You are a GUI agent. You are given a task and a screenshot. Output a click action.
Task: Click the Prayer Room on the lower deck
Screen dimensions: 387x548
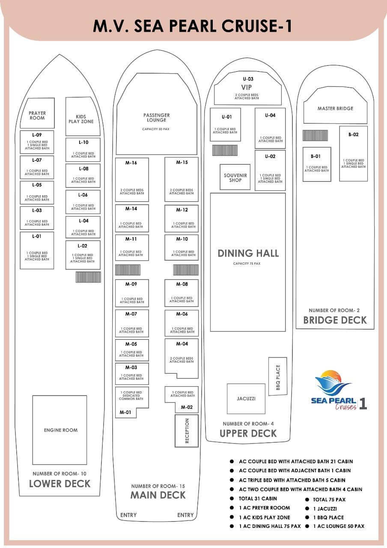(37, 113)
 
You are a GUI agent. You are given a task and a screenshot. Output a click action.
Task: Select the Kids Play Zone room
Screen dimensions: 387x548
(83, 116)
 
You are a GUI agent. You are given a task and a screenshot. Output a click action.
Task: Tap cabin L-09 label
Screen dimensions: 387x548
(37, 135)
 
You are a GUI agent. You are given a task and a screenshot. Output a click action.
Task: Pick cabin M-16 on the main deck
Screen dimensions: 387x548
(132, 179)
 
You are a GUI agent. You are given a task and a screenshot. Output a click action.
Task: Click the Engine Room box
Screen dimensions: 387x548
(60, 430)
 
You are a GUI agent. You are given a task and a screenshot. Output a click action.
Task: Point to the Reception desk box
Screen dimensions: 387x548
(187, 431)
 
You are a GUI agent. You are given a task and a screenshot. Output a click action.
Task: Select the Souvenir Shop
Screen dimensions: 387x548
(235, 177)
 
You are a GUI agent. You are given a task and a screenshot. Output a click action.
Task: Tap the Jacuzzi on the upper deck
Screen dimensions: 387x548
(246, 399)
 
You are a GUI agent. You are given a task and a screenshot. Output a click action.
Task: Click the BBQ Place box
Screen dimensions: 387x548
(278, 376)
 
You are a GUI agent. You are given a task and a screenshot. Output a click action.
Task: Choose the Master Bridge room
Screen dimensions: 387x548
(335, 106)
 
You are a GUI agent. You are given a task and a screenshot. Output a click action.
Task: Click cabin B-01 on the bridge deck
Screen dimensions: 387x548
(317, 164)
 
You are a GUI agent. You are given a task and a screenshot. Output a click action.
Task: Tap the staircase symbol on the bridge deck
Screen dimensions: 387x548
(315, 136)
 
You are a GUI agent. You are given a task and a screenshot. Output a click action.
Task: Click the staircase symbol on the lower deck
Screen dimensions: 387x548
(88, 277)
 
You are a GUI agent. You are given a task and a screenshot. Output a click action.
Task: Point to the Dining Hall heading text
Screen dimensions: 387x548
(248, 253)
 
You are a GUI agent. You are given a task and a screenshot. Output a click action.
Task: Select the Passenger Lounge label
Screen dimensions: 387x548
(157, 117)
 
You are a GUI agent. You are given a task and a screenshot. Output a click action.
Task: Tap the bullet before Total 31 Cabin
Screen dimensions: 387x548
(232, 499)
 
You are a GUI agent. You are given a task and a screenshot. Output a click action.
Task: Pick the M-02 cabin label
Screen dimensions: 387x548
(187, 407)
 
